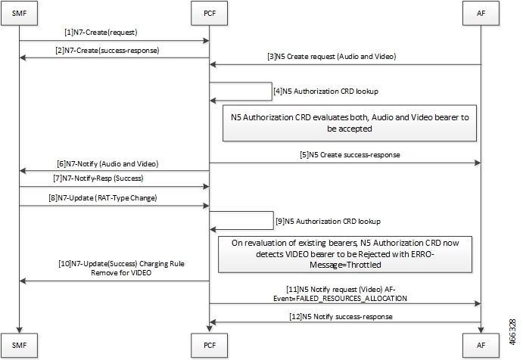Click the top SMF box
point(19,13)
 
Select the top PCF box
point(209,13)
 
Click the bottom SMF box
point(19,346)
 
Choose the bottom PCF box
point(209,346)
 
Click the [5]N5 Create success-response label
point(349,156)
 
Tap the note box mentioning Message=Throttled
point(344,253)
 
